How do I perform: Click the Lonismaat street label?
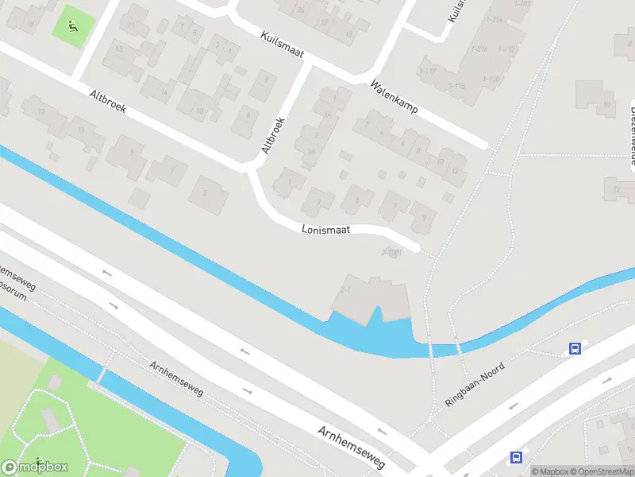pyautogui.click(x=325, y=230)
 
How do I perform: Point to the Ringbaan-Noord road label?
pyautogui.click(x=475, y=385)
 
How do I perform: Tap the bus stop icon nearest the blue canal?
pyautogui.click(x=574, y=348)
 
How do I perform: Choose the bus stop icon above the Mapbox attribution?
pyautogui.click(x=516, y=457)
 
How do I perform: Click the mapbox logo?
pyautogui.click(x=35, y=467)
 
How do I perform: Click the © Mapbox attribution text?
pyautogui.click(x=553, y=471)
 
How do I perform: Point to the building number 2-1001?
pyautogui.click(x=392, y=253)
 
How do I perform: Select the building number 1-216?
pyautogui.click(x=479, y=48)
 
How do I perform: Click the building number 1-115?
pyautogui.click(x=456, y=86)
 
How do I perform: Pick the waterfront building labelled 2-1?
pyautogui.click(x=345, y=288)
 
